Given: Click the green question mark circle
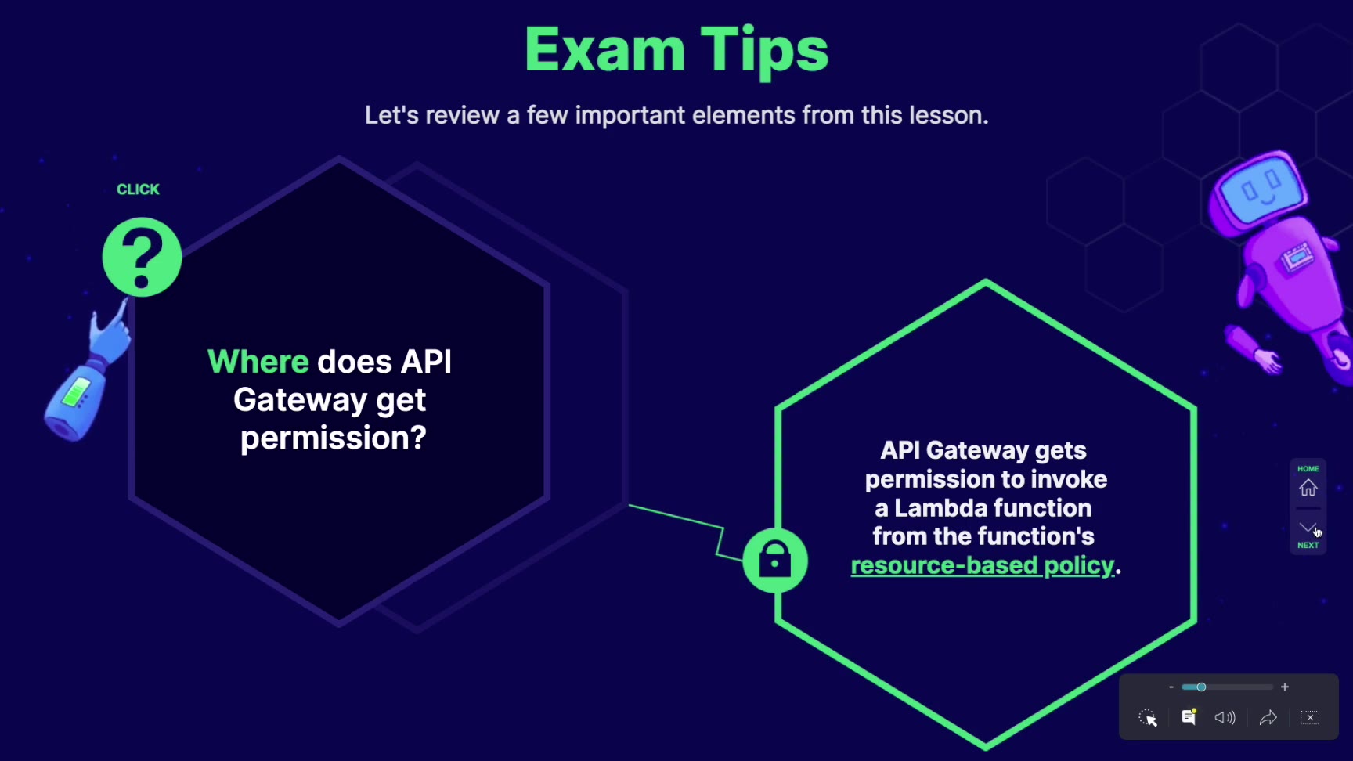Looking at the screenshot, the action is pos(142,257).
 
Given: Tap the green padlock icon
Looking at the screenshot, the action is pos(775,561).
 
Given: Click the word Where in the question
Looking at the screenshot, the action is pos(258,362).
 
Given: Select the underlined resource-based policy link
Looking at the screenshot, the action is pos(982,565).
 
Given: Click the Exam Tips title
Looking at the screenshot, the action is pos(676,49).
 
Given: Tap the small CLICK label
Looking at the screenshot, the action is pos(138,189).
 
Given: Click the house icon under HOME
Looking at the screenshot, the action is pos(1308,489).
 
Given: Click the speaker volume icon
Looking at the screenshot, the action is pos(1225,717).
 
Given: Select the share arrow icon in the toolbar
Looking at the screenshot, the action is pos(1268,717).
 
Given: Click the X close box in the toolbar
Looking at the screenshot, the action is pos(1310,717).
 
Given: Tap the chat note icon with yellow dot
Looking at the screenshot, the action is pos(1189,717).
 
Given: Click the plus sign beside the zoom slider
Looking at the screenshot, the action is pos(1285,687).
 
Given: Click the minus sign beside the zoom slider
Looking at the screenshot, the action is pos(1171,687).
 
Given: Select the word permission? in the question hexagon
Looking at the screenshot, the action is pos(334,438).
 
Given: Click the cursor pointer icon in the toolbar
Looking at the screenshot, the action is pos(1148,717).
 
